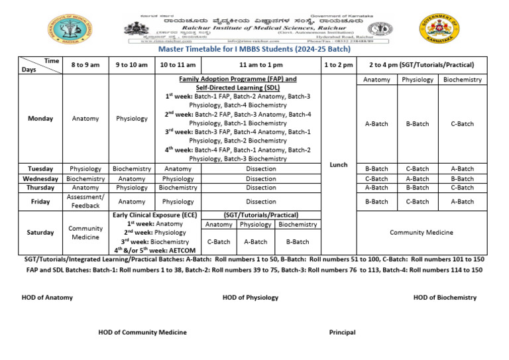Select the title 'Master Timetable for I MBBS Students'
(254, 48)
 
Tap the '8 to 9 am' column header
(85, 65)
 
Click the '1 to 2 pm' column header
(338, 65)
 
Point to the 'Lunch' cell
(338, 164)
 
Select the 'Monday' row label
(40, 119)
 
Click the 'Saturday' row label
(40, 233)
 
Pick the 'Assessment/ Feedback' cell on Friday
(85, 202)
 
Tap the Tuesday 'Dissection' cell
(260, 169)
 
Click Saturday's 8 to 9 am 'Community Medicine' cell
(85, 233)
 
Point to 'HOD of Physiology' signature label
(251, 298)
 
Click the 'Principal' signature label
(342, 332)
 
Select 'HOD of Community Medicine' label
(142, 332)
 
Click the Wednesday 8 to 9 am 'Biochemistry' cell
(85, 178)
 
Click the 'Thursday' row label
(40, 188)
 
